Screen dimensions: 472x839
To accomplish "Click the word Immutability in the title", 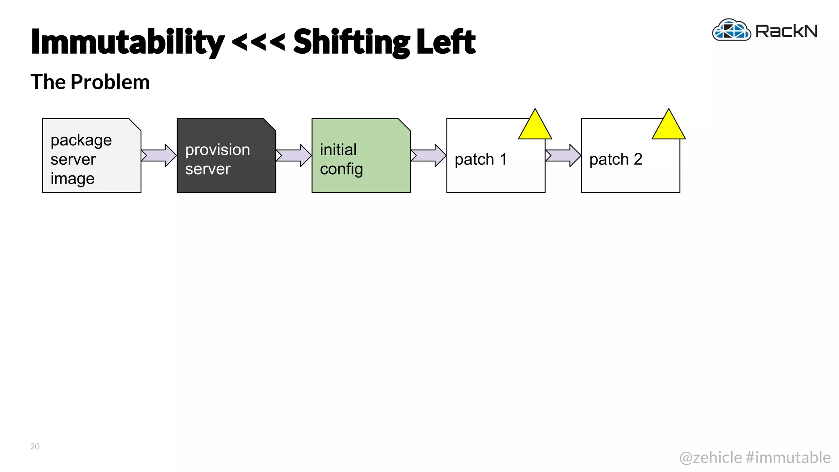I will coord(127,42).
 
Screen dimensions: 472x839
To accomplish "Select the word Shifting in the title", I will coord(351,42).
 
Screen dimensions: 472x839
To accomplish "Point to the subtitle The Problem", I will coord(90,82).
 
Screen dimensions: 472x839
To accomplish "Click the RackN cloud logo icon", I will coord(731,30).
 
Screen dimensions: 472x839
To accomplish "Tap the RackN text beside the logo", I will coord(786,31).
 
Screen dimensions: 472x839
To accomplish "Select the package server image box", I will coord(91,156).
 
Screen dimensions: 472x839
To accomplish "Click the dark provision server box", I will coord(226,156).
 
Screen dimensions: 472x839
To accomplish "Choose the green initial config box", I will coord(361,156).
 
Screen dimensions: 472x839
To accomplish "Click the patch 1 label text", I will coord(481,159).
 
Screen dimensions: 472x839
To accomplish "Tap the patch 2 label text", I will coord(615,159).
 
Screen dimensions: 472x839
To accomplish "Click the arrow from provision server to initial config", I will coord(294,155).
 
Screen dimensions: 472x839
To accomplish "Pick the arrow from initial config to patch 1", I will coord(429,155).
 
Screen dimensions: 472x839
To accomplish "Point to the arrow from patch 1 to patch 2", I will coord(563,155).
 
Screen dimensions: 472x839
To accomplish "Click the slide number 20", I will coord(35,446).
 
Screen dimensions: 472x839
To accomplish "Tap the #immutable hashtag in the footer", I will coord(788,457).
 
